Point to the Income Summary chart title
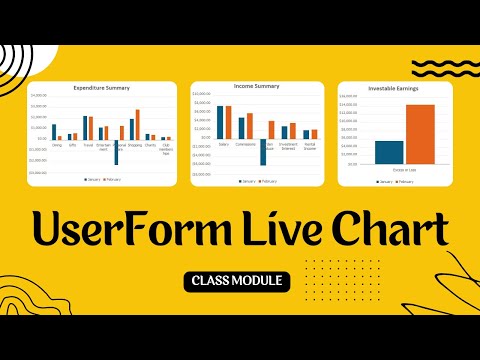(256, 86)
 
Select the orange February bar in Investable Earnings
(420, 134)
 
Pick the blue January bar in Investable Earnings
(389, 152)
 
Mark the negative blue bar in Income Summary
(263, 151)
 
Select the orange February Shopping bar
(138, 125)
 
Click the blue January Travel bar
(85, 128)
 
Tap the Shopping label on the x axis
(134, 144)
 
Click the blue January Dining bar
(54, 132)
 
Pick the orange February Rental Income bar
(314, 134)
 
